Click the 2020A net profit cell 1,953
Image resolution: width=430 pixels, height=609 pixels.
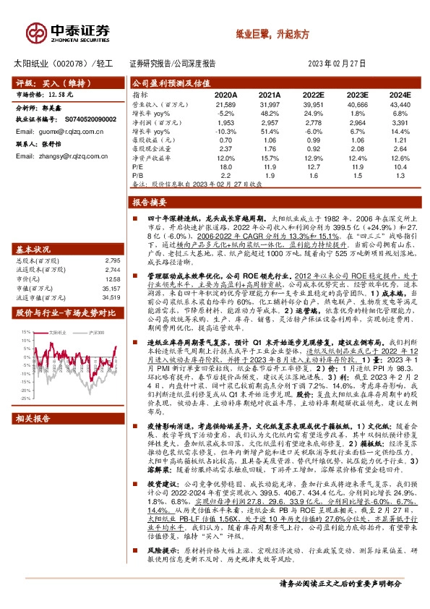coord(225,122)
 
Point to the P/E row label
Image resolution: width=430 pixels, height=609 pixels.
coord(138,166)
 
